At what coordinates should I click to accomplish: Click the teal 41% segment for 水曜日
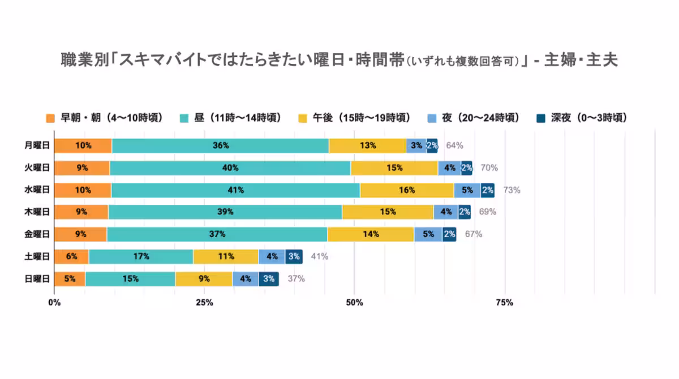pos(235,190)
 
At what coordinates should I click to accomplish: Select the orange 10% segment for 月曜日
pos(83,145)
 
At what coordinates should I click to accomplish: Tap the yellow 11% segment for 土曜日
pos(226,256)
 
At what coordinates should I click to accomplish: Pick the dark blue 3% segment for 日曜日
pos(269,278)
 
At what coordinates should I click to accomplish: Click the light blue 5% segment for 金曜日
pos(428,234)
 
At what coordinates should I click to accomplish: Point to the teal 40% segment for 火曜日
pos(230,167)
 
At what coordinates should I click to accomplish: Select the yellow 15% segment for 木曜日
pos(388,212)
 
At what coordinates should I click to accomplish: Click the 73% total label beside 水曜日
pos(512,190)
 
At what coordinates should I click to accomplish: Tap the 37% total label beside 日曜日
pos(296,278)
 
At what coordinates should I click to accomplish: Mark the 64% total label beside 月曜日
pos(454,145)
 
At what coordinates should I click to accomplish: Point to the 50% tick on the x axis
pos(354,303)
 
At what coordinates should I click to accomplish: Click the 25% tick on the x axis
pos(204,303)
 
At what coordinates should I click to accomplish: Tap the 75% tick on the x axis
pos(504,303)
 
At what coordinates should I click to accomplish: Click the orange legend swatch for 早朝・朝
pos(50,118)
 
